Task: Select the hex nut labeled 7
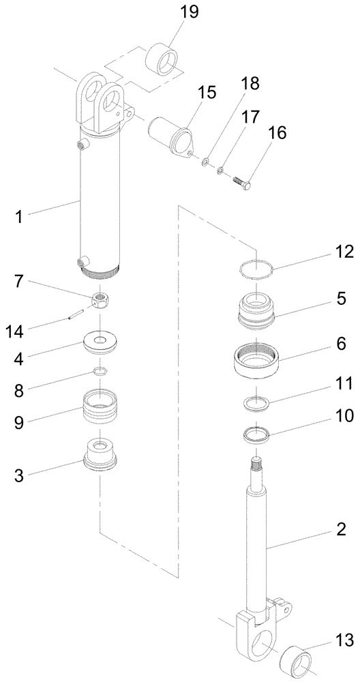[102, 299]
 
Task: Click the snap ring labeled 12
[256, 268]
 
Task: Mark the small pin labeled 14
[76, 314]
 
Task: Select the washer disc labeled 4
[103, 342]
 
